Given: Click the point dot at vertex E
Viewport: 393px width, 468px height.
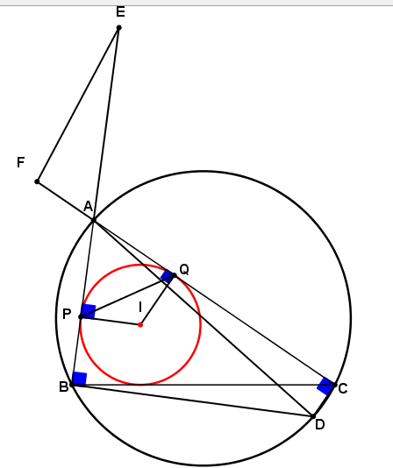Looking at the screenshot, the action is (118, 28).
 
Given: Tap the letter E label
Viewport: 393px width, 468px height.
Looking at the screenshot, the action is (120, 12).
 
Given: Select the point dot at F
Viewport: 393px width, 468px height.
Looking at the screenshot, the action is (37, 181).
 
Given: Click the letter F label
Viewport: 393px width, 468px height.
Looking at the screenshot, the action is (21, 163).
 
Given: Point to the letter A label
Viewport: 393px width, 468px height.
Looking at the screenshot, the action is (88, 206).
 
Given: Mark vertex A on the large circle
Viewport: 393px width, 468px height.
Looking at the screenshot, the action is (94, 220).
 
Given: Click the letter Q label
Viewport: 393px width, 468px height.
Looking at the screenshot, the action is (184, 270).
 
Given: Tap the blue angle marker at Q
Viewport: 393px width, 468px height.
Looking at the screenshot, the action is (168, 276).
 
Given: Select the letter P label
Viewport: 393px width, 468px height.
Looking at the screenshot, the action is (67, 315).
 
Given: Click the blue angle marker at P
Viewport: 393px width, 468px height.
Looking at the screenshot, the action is (89, 311).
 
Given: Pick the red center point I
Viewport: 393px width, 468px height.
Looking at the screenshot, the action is (140, 325).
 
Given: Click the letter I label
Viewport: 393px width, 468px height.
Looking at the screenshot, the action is (140, 307).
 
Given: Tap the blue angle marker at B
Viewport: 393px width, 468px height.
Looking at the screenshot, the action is (80, 379).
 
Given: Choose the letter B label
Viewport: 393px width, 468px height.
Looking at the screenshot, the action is (64, 386).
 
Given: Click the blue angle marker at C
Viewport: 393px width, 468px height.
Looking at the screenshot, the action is (325, 386).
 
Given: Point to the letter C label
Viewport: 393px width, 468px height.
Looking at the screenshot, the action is (343, 388).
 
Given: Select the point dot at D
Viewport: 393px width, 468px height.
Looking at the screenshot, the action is (313, 416).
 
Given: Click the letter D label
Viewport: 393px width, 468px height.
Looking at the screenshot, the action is (320, 425).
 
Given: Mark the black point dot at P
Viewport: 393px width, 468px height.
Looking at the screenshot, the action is (81, 316).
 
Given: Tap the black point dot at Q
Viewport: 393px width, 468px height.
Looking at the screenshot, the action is (175, 275).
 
